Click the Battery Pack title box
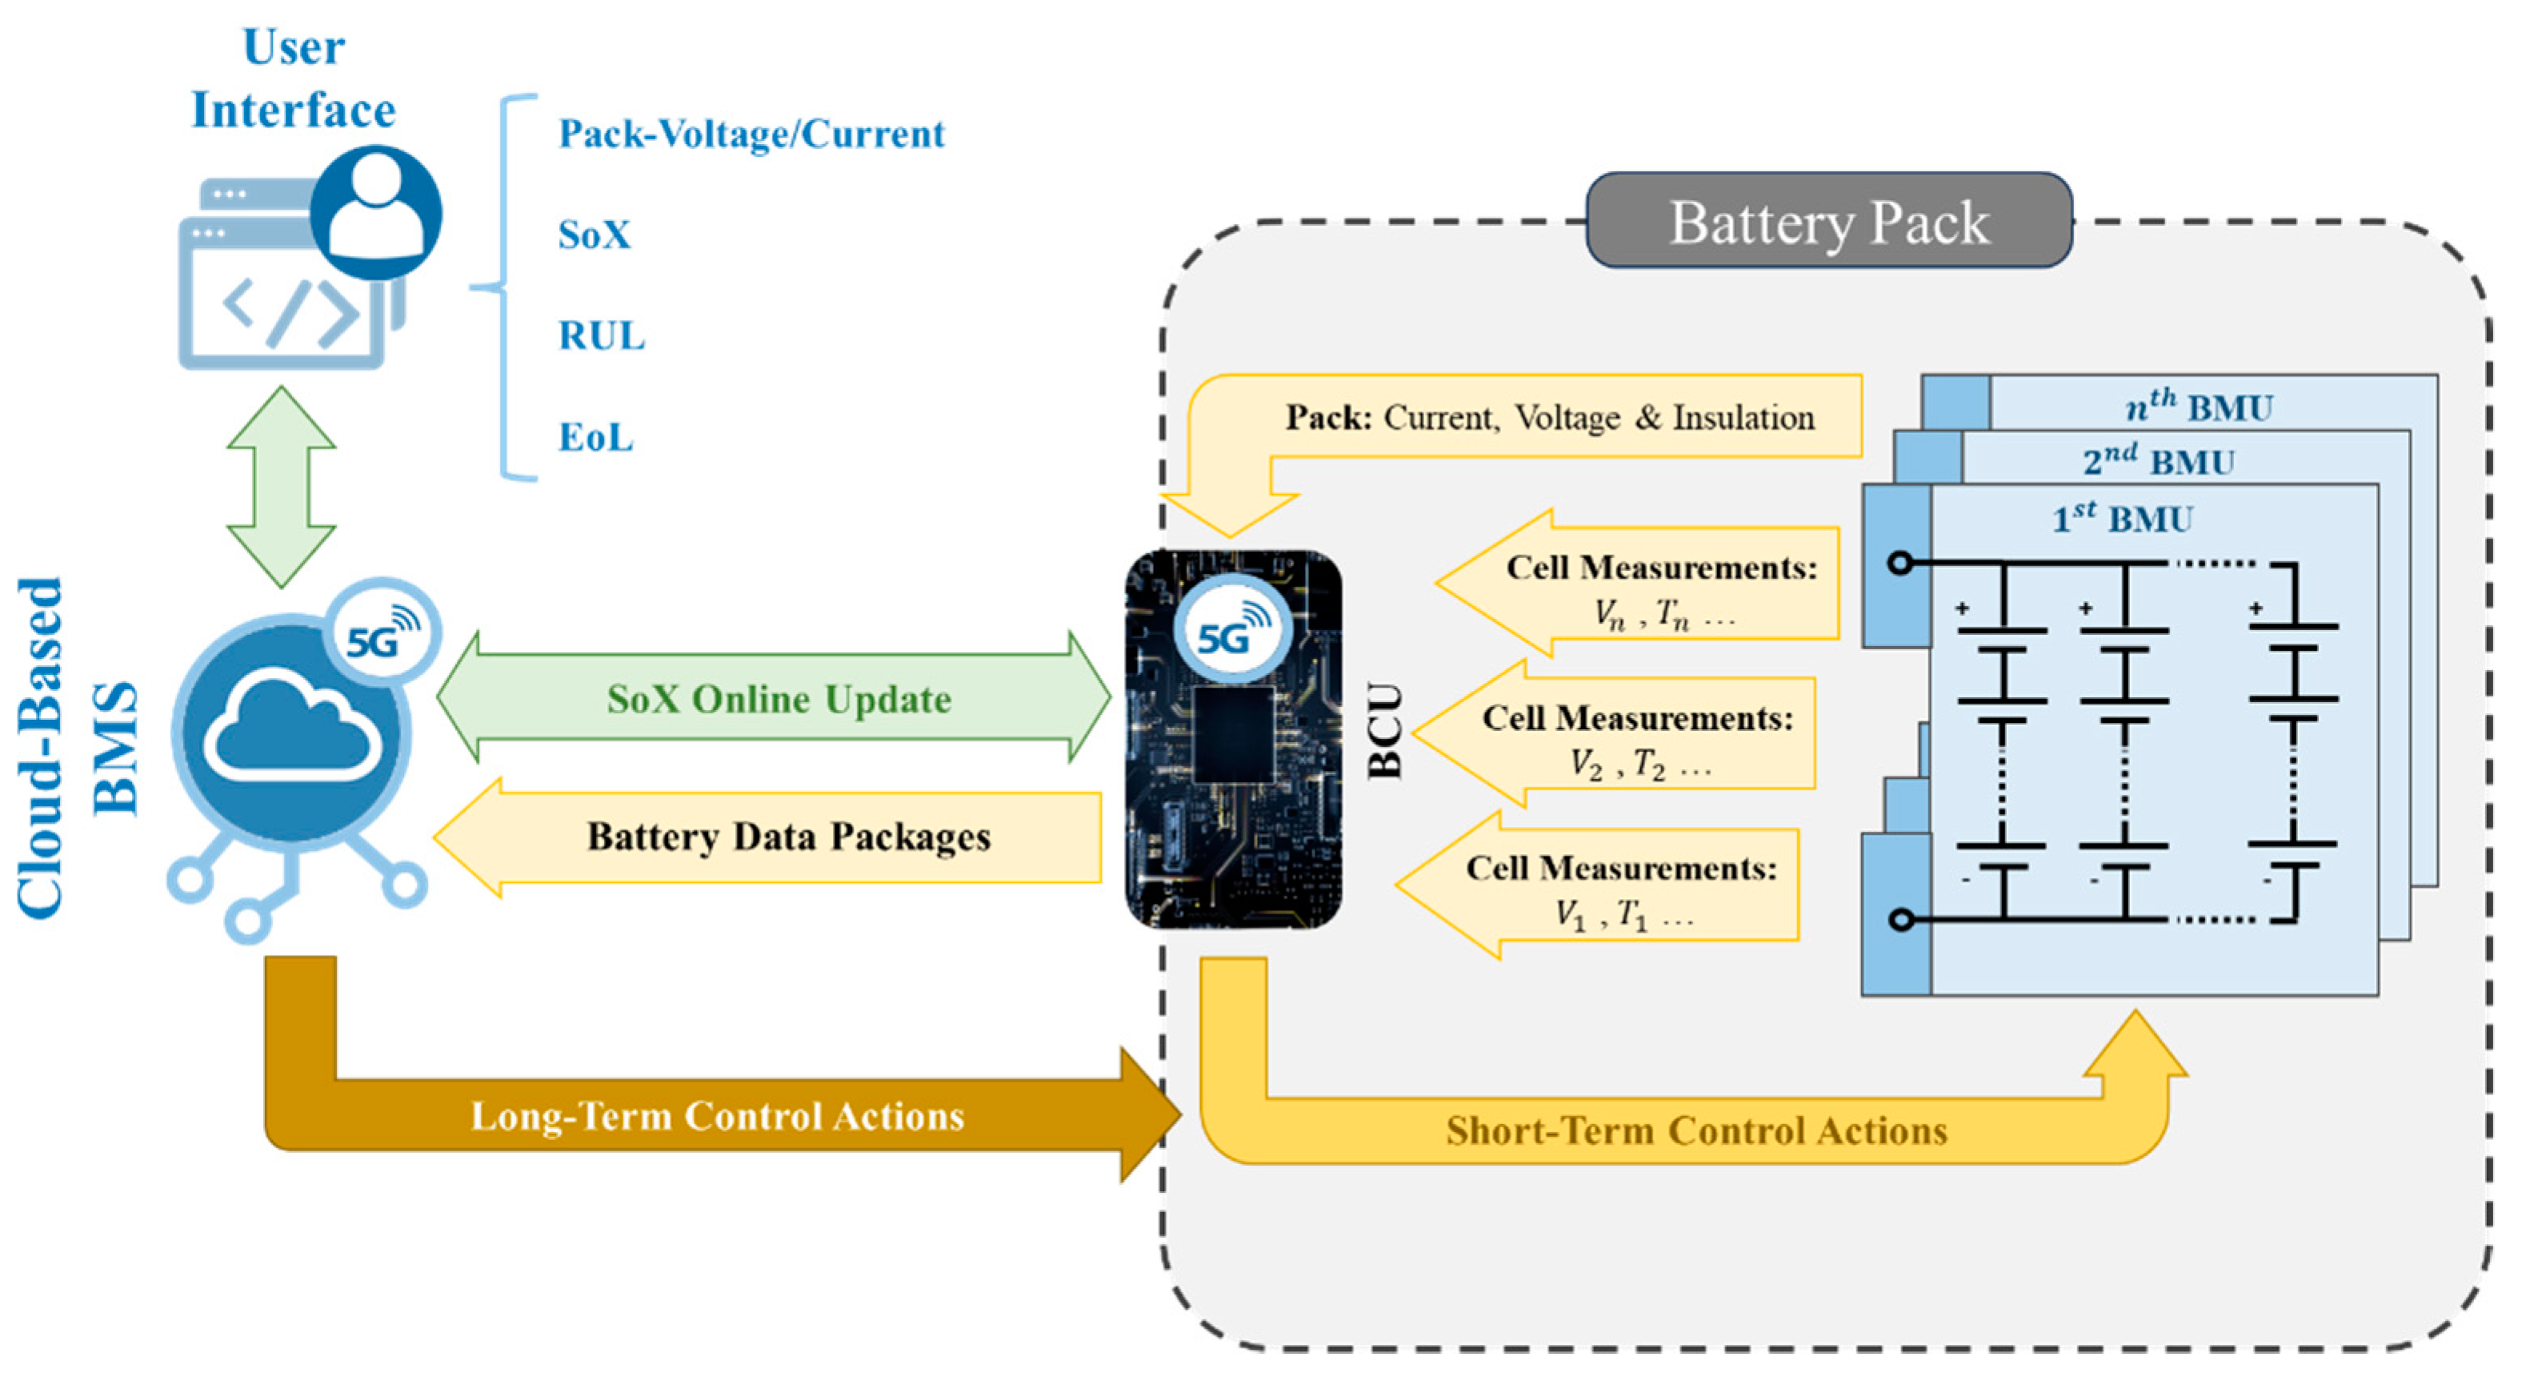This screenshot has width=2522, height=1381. (1827, 221)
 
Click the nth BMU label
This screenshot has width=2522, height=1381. (2199, 405)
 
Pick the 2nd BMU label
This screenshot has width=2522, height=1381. (2158, 460)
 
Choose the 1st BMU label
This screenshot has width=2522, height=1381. (2122, 517)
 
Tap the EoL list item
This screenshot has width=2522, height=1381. (595, 437)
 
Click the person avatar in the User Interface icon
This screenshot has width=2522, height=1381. (376, 212)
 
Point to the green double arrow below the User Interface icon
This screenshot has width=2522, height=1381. (282, 487)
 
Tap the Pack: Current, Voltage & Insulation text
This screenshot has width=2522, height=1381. (1549, 418)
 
